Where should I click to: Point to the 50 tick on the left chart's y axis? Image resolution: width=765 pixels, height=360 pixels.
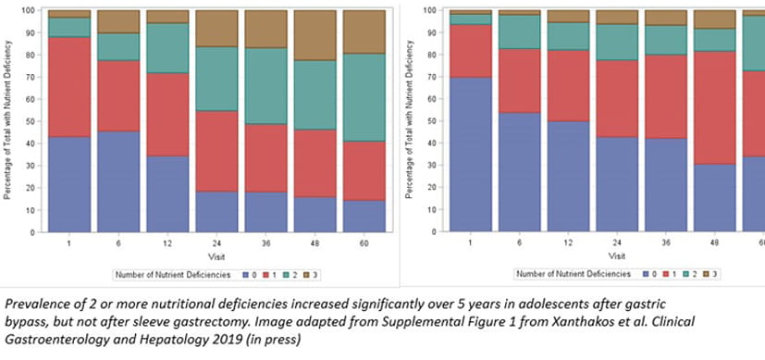tap(32, 121)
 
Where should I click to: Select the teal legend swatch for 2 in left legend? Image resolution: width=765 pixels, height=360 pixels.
tap(286, 275)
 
